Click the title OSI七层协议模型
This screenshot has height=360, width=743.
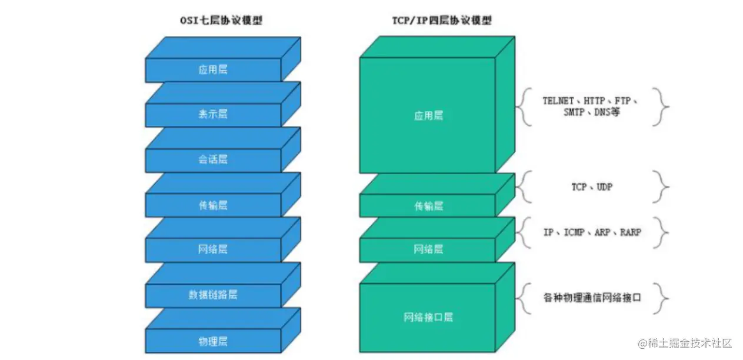221,21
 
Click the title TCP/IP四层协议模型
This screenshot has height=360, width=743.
441,21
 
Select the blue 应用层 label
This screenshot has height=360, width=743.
213,69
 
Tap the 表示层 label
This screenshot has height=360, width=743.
213,114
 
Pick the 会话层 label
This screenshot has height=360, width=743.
213,159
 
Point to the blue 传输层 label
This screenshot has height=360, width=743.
213,205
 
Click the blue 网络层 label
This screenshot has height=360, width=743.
213,249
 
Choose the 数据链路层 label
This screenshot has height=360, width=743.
213,295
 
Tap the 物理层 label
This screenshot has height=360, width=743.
213,341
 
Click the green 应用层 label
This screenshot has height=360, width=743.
428,116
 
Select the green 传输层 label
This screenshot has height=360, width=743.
428,206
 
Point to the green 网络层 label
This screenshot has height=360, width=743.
428,249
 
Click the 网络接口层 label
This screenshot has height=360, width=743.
428,318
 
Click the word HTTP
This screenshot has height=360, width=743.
598,101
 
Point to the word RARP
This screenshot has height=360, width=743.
630,232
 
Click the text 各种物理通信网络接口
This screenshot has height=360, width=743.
591,298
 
